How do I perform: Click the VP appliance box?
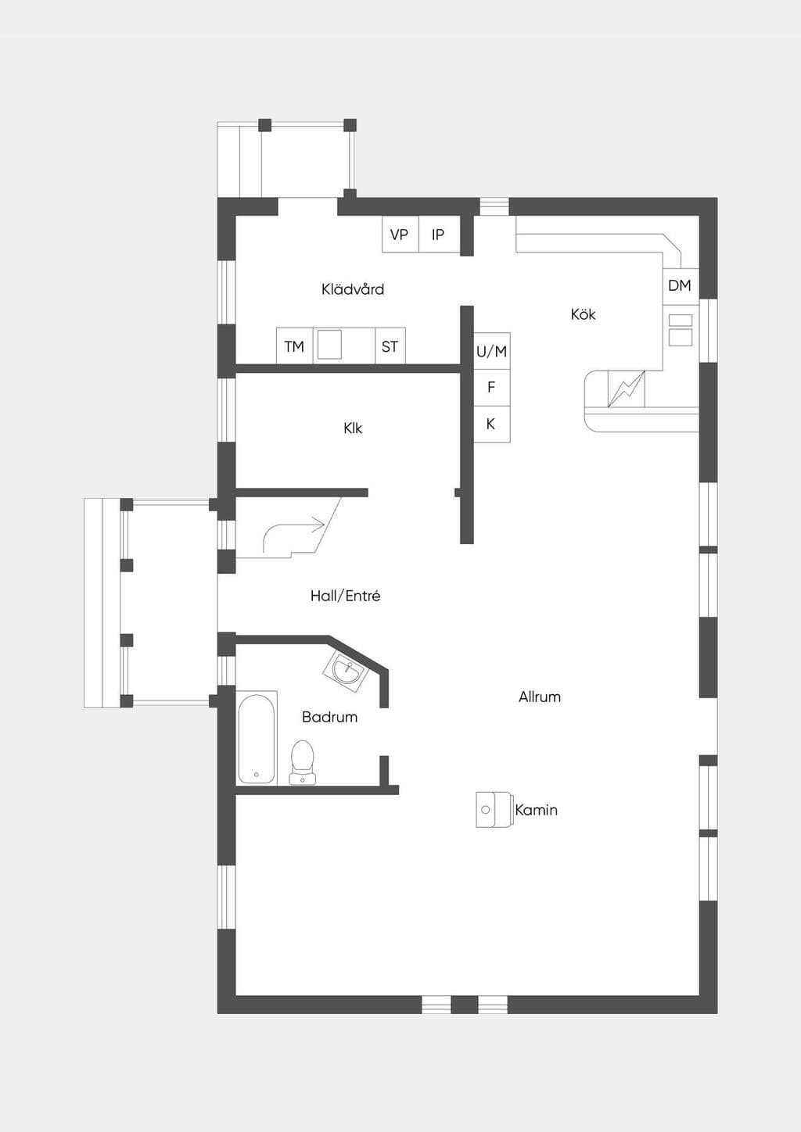pyautogui.click(x=400, y=234)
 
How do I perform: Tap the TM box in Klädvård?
pyautogui.click(x=294, y=346)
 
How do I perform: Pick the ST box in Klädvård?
pyautogui.click(x=390, y=346)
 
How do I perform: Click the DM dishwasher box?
pyautogui.click(x=681, y=286)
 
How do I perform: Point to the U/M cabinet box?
pyautogui.click(x=491, y=351)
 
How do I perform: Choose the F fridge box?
pyautogui.click(x=491, y=388)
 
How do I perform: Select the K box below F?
pyautogui.click(x=491, y=424)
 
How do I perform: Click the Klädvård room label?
pyautogui.click(x=353, y=289)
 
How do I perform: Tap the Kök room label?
pyautogui.click(x=583, y=313)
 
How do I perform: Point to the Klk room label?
pyautogui.click(x=353, y=428)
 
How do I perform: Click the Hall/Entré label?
pyautogui.click(x=346, y=596)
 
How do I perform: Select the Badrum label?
pyautogui.click(x=329, y=717)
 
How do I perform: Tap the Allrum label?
pyautogui.click(x=540, y=697)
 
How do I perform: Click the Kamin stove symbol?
pyautogui.click(x=494, y=810)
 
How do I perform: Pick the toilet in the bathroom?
pyautogui.click(x=303, y=762)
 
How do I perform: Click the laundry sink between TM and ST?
pyautogui.click(x=329, y=345)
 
